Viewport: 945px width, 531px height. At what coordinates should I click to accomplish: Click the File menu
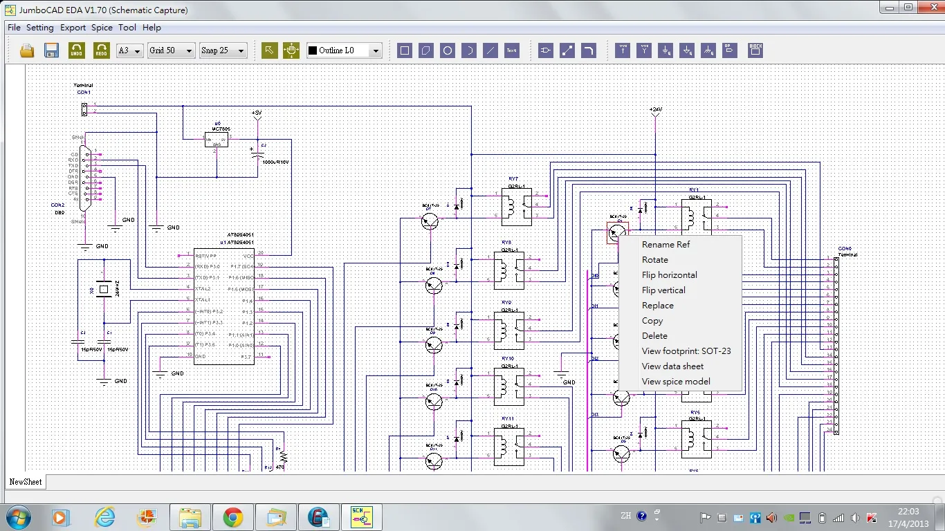click(14, 28)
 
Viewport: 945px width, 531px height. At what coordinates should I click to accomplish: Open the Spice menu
click(102, 28)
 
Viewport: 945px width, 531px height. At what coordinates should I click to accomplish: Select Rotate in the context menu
click(654, 260)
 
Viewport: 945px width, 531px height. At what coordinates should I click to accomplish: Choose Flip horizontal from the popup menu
click(669, 275)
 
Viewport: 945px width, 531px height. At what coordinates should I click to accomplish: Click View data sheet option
click(672, 366)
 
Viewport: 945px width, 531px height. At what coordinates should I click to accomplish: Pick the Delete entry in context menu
click(654, 336)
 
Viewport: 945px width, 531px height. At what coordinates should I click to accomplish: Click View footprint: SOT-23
click(686, 351)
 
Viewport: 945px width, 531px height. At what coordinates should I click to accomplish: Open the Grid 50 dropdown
click(171, 50)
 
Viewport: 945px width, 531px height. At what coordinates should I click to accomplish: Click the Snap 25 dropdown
click(223, 50)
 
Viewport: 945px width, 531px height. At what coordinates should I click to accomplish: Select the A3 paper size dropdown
click(129, 50)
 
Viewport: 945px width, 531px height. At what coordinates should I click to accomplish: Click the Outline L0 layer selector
click(344, 50)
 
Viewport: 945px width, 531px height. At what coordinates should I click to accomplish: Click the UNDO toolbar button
click(77, 50)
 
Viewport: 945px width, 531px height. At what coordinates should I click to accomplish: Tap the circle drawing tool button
click(448, 50)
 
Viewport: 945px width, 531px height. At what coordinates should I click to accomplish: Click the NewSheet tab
click(26, 482)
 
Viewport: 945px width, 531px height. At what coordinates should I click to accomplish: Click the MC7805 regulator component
click(217, 138)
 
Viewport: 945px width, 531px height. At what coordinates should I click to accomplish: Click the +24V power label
click(655, 110)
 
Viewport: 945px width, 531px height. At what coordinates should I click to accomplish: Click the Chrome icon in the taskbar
click(232, 516)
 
